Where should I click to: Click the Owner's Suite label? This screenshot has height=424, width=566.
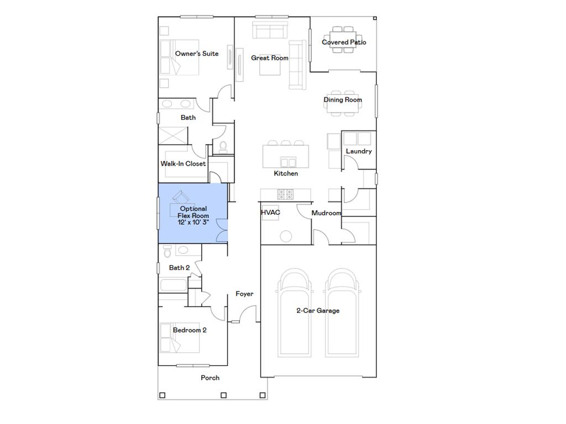click(x=197, y=54)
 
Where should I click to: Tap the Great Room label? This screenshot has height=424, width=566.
click(x=270, y=58)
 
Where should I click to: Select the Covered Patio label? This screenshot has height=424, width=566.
click(x=344, y=42)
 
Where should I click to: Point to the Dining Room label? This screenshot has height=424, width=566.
click(x=343, y=100)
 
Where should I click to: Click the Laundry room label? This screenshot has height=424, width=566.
click(x=359, y=151)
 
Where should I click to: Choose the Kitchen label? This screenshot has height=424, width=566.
click(x=286, y=173)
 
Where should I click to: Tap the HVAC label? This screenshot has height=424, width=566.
click(x=270, y=213)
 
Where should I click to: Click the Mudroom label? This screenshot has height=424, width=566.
click(x=326, y=213)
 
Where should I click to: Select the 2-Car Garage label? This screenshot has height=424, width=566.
click(x=318, y=311)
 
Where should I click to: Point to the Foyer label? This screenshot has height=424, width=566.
click(x=244, y=294)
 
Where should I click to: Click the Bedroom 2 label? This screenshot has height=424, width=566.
click(x=190, y=330)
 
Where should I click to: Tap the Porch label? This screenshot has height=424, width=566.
click(x=210, y=378)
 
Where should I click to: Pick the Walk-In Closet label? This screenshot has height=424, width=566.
click(x=183, y=164)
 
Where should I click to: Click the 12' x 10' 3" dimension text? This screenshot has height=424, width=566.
click(x=193, y=222)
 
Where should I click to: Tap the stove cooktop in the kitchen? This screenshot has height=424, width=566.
click(x=285, y=193)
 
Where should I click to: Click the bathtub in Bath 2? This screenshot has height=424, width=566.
click(x=174, y=286)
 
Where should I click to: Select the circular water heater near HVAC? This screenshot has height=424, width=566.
click(x=286, y=236)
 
